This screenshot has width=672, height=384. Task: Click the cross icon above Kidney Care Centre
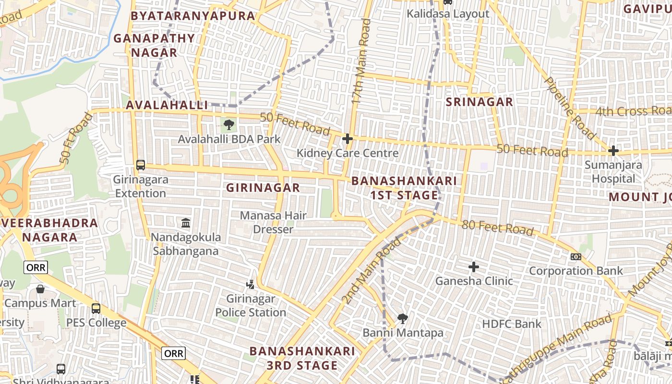(x=347, y=139)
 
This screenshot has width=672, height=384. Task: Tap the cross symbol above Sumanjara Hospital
(x=613, y=151)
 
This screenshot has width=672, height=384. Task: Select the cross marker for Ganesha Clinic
(x=474, y=266)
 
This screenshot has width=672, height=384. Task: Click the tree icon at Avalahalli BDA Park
(x=229, y=125)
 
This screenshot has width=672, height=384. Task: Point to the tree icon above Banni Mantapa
(x=403, y=318)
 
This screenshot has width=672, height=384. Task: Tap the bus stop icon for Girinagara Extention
(x=141, y=165)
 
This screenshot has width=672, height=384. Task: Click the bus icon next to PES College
(x=96, y=308)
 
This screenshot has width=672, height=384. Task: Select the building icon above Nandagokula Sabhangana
(x=186, y=223)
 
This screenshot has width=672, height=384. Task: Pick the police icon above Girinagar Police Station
(x=250, y=285)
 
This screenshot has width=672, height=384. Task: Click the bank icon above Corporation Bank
(x=576, y=257)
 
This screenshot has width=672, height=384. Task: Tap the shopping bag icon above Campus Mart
(x=40, y=289)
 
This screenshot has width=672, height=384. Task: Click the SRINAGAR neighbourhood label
(x=479, y=102)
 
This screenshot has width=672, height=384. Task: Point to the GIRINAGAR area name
(x=263, y=188)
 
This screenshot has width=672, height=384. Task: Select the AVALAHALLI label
(x=167, y=105)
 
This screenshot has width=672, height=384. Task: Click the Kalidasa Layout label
(x=448, y=14)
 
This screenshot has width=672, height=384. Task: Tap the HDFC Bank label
(x=512, y=324)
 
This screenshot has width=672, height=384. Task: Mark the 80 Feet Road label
(x=497, y=228)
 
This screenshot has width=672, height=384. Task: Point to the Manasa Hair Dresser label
(x=273, y=222)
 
